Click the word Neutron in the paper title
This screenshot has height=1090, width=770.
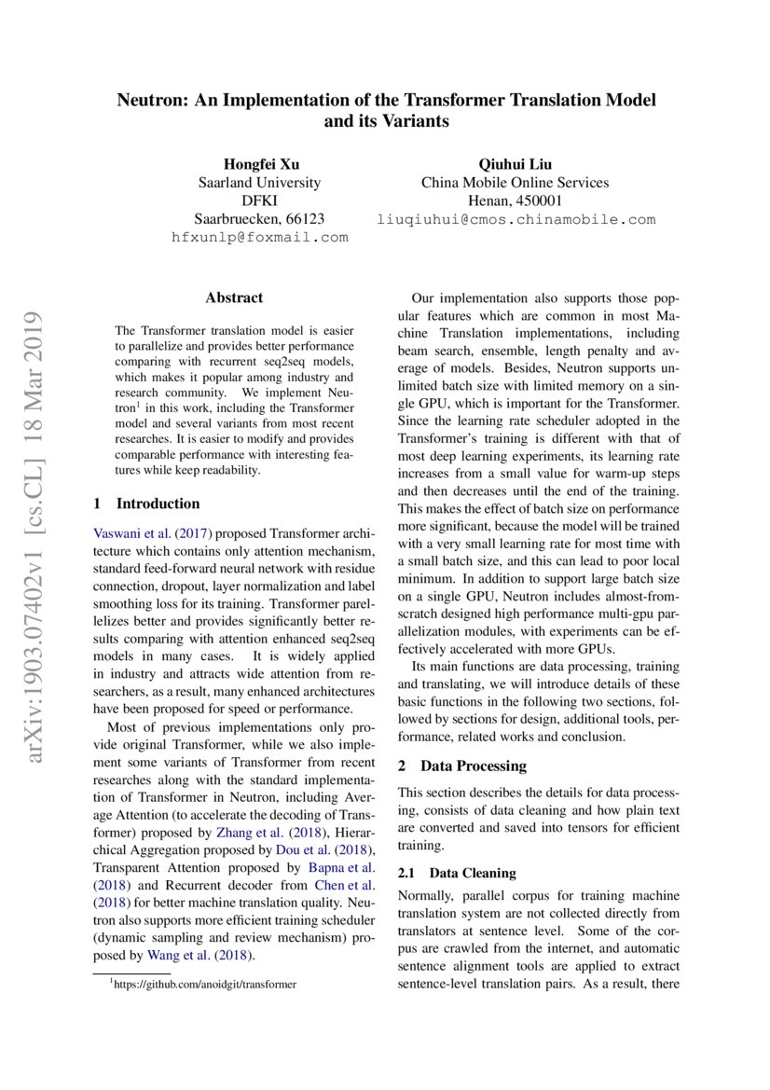(x=149, y=100)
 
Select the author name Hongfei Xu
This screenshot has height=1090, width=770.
(x=260, y=164)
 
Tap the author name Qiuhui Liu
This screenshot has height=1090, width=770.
(x=515, y=164)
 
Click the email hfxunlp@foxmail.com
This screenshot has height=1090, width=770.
(x=260, y=238)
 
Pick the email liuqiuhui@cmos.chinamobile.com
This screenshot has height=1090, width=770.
(x=516, y=220)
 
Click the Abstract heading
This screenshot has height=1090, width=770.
(x=234, y=298)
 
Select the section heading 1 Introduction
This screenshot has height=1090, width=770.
(x=147, y=504)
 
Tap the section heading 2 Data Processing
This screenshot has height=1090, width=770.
(x=462, y=766)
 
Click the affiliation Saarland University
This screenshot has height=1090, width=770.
(x=260, y=183)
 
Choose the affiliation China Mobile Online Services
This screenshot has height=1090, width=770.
(x=515, y=183)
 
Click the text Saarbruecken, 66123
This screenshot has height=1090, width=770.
(x=260, y=219)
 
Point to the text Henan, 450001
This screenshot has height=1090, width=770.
(x=515, y=201)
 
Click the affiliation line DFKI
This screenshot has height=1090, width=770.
(x=260, y=201)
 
